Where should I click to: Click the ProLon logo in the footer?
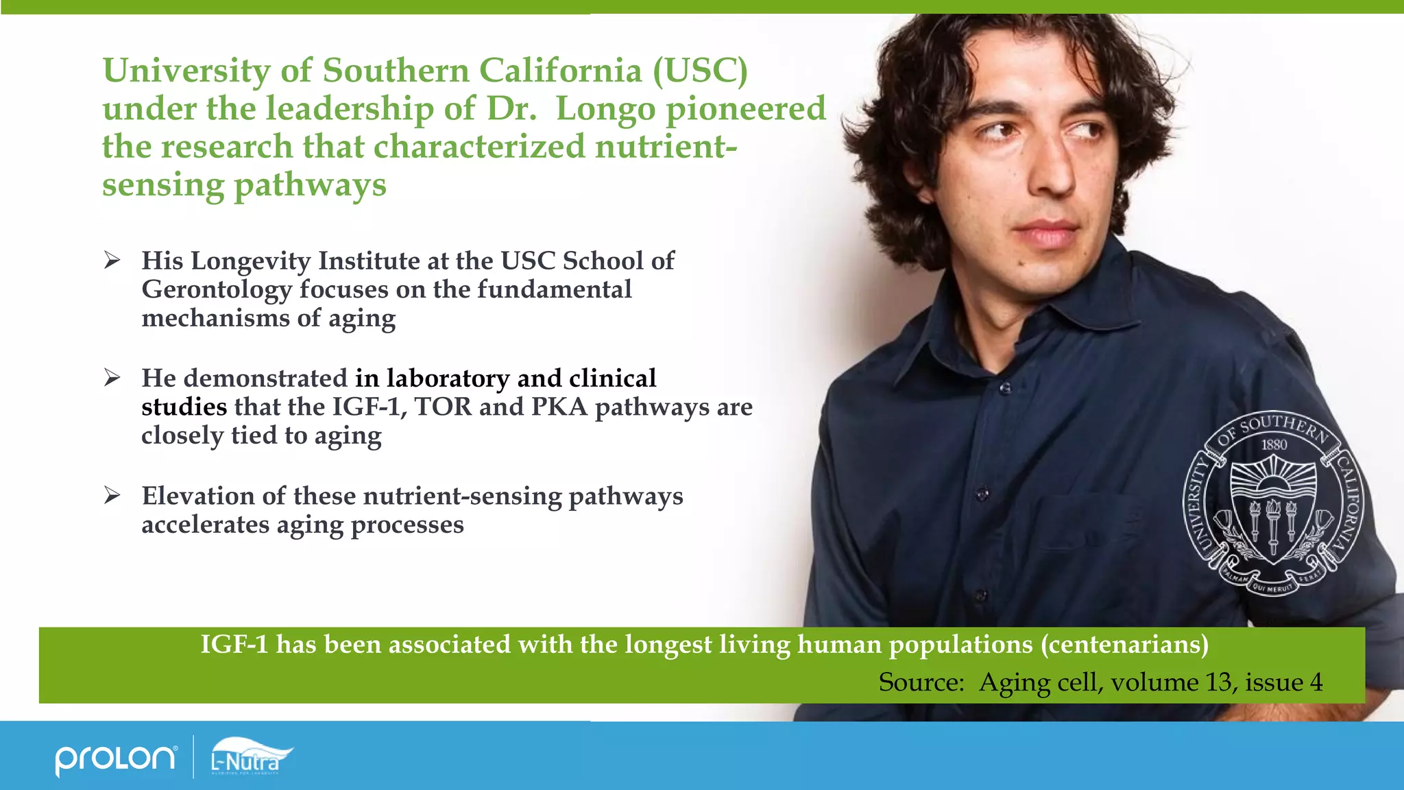click(x=115, y=758)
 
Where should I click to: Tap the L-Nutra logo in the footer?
click(x=250, y=756)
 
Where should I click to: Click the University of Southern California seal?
click(x=1274, y=504)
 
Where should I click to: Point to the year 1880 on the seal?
click(x=1274, y=444)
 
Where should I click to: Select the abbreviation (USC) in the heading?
click(x=700, y=71)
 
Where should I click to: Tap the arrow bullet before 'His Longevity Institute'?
click(x=112, y=261)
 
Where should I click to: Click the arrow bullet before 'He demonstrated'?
click(x=112, y=378)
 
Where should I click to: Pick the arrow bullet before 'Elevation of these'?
click(x=112, y=495)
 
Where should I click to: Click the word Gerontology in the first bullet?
click(x=217, y=290)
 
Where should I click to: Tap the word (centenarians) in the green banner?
click(x=1124, y=645)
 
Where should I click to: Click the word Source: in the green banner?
click(x=921, y=682)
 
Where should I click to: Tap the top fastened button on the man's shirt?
click(x=1005, y=388)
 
